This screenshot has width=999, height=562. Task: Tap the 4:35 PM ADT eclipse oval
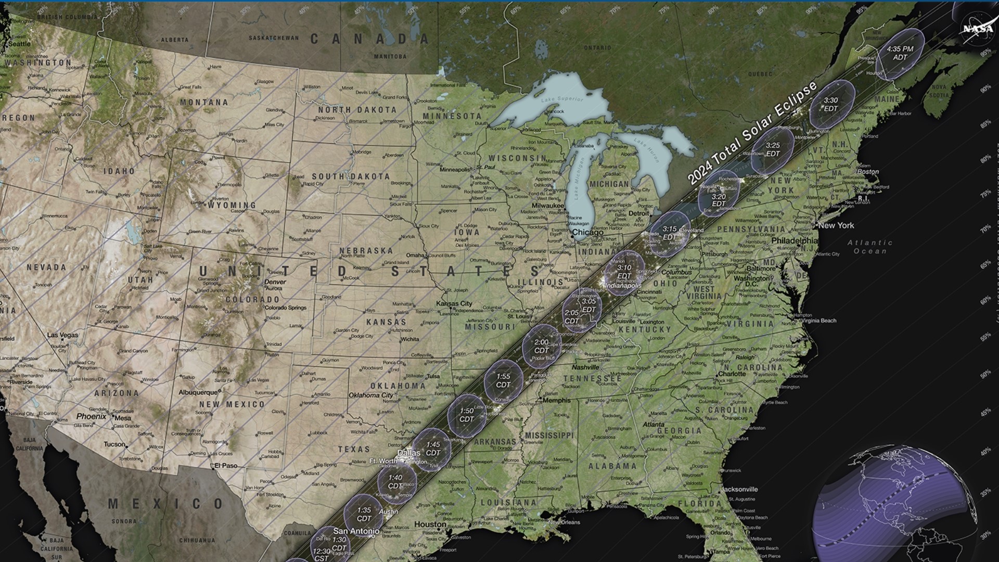pos(900,53)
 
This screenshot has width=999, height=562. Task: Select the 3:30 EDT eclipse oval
pos(831,105)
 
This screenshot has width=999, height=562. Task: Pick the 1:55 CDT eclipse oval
pos(503,380)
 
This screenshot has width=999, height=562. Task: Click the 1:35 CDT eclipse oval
pos(364,514)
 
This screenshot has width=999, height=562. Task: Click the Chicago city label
pos(587,232)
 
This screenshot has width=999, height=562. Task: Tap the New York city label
pos(836,225)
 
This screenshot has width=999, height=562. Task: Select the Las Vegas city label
pos(63,335)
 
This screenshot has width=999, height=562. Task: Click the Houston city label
pos(430,524)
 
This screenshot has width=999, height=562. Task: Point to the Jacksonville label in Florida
pos(739,489)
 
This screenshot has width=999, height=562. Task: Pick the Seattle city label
pos(20,44)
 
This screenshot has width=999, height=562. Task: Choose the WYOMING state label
pos(232,206)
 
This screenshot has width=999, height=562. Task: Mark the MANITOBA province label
pos(390,56)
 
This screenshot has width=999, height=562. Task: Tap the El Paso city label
pos(226,466)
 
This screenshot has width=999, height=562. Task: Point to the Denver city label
pos(275,282)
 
